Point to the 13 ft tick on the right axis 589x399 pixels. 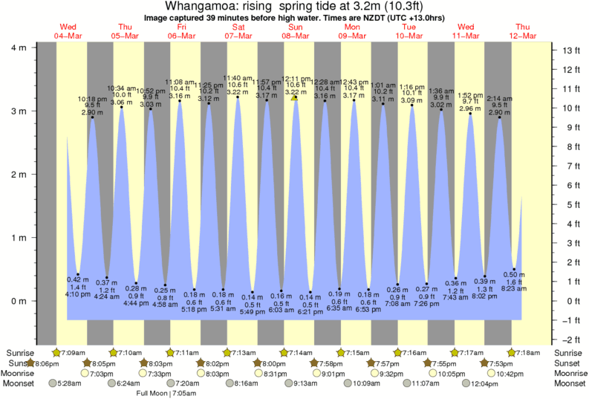click(571, 51)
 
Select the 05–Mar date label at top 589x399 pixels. click(125, 36)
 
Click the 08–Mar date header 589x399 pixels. click(295, 36)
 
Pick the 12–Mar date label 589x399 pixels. click(522, 36)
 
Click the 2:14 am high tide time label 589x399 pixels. click(499, 98)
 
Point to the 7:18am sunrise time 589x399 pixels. click(528, 352)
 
